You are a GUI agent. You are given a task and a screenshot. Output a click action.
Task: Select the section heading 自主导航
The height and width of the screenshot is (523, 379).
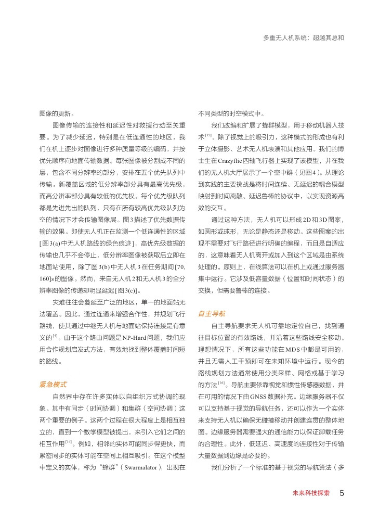click(212, 314)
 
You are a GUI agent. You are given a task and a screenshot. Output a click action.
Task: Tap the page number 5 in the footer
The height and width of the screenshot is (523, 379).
click(342, 492)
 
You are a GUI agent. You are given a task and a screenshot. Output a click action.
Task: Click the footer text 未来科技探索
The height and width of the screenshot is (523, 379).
click(311, 493)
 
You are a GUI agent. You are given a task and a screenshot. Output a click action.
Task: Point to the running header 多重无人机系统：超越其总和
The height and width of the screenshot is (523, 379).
click(304, 38)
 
